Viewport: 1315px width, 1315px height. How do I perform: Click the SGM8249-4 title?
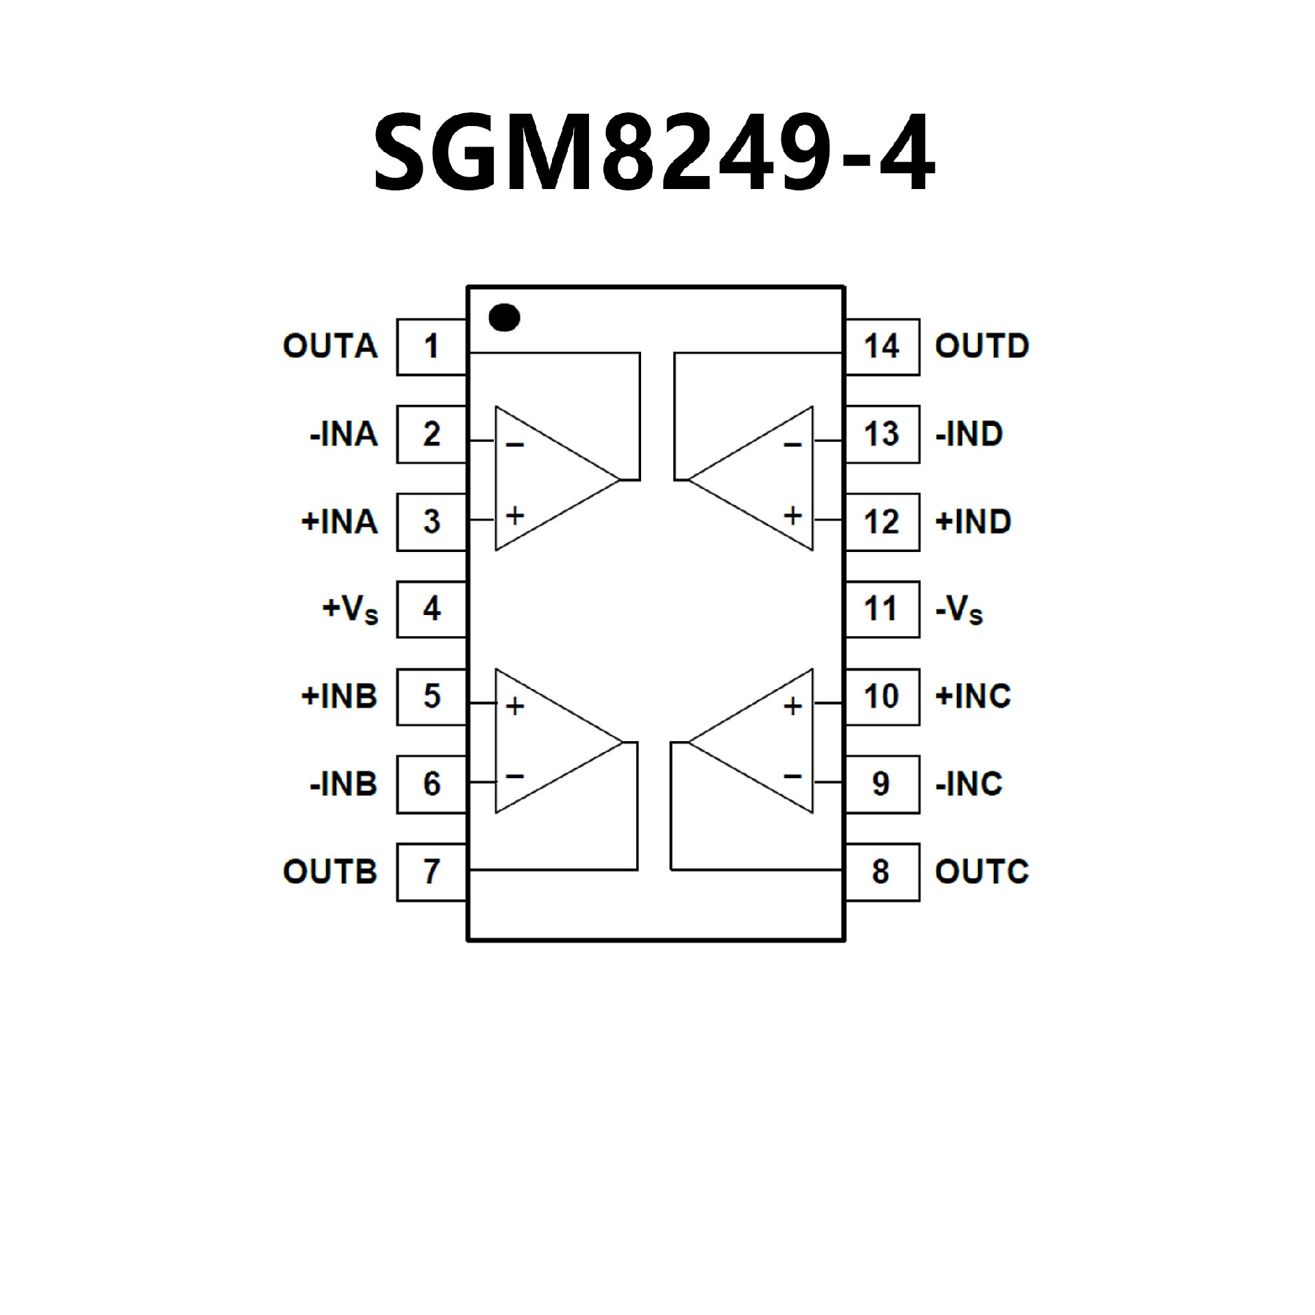654,152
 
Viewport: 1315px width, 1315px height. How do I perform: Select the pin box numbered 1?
431,347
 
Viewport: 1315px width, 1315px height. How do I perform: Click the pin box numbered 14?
882,347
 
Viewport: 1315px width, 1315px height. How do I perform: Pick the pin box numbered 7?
431,872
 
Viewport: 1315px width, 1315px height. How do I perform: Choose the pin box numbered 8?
882,872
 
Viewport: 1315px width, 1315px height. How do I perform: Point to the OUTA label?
330,347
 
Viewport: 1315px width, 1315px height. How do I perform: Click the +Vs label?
350,610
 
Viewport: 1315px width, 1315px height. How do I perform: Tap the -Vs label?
959,610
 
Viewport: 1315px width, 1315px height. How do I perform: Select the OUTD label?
982,347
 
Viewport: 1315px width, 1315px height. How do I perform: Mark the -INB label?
343,784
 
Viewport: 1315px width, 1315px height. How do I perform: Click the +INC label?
973,697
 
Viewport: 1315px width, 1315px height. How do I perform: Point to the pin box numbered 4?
431,610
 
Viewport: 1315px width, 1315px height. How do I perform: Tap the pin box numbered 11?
882,610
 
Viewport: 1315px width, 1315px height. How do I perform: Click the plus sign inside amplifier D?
792,515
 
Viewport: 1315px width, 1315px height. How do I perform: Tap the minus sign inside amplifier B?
515,776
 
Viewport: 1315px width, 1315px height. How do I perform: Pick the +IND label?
973,522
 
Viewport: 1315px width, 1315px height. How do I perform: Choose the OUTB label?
330,872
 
